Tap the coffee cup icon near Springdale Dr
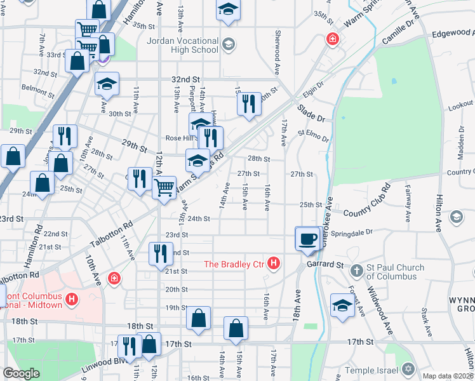(308, 239)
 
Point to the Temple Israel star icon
(408, 369)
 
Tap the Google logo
(21, 373)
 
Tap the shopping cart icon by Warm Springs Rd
(165, 188)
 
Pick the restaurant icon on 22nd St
(159, 254)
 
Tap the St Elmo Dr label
(313, 136)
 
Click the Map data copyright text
(448, 376)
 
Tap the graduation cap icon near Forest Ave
(342, 305)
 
